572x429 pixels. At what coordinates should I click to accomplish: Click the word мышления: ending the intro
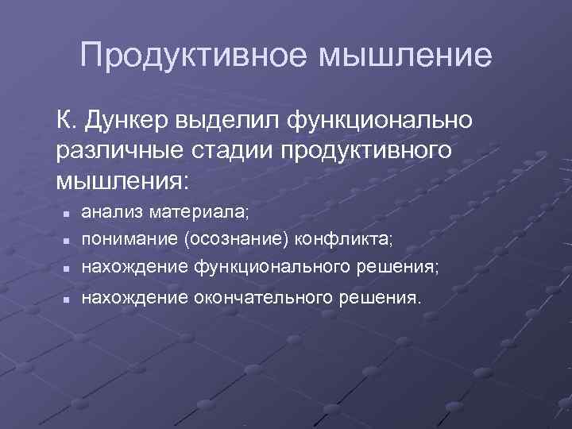(x=122, y=179)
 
